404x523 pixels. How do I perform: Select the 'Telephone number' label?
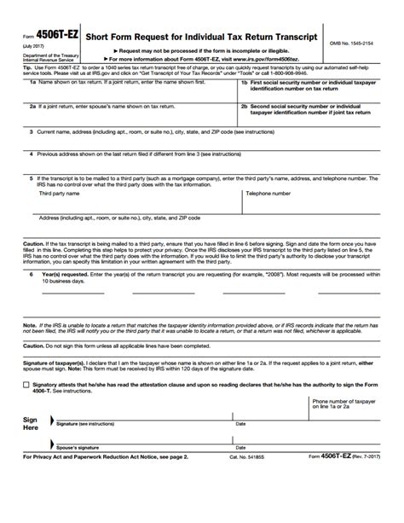(270, 194)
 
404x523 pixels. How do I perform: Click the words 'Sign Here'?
(30, 425)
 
